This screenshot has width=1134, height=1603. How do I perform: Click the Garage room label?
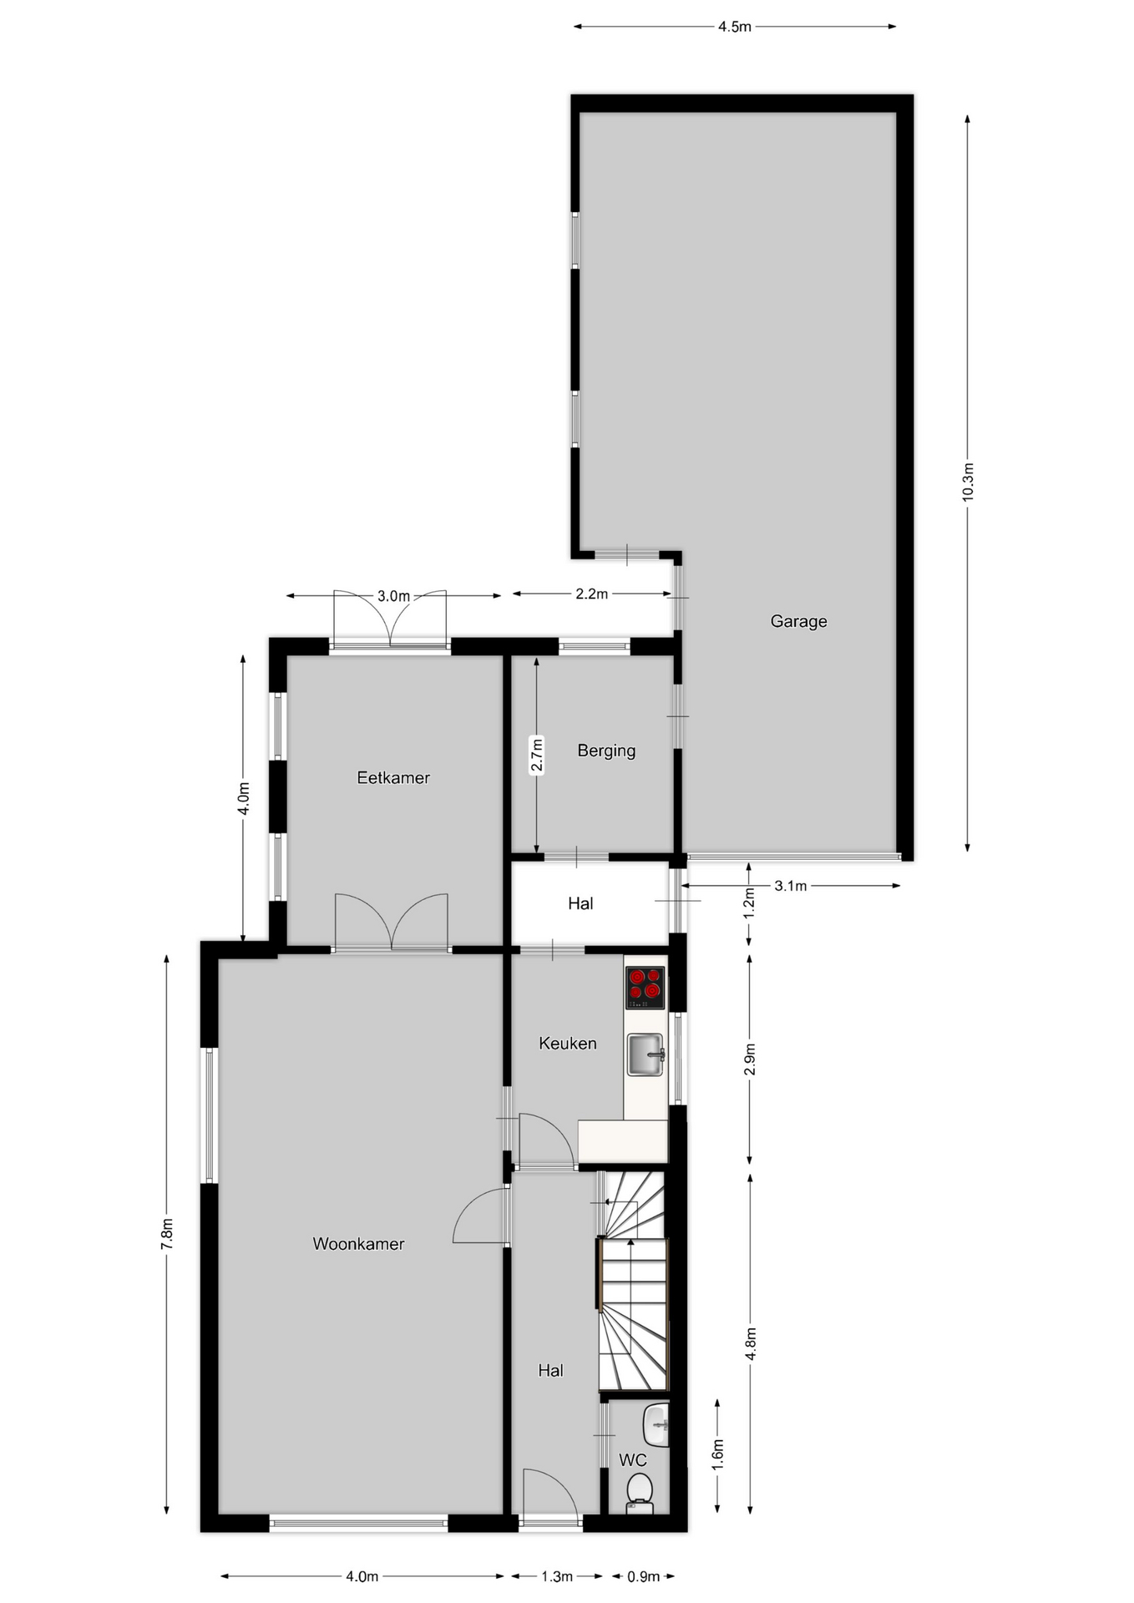(x=798, y=621)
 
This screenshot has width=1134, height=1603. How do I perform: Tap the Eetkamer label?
(x=393, y=777)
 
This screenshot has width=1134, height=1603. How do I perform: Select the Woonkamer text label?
(x=358, y=1243)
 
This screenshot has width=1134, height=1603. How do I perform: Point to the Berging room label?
(x=606, y=751)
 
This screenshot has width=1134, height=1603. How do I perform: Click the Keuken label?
(x=568, y=1043)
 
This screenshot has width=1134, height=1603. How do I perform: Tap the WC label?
(x=633, y=1460)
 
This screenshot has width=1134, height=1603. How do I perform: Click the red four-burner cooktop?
(x=645, y=988)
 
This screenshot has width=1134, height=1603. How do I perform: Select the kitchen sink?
(x=645, y=1054)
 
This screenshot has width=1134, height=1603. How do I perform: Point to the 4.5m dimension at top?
(x=735, y=27)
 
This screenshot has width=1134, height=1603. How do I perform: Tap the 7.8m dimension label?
(x=167, y=1234)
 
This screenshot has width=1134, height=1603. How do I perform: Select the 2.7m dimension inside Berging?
(x=537, y=755)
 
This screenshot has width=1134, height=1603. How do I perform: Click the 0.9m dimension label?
(x=644, y=1576)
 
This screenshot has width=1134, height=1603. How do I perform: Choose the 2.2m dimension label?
(x=591, y=594)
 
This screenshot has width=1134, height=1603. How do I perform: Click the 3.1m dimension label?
(x=790, y=886)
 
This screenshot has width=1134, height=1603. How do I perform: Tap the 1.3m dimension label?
(x=557, y=1576)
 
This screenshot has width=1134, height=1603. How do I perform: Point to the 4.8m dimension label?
(x=752, y=1343)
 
